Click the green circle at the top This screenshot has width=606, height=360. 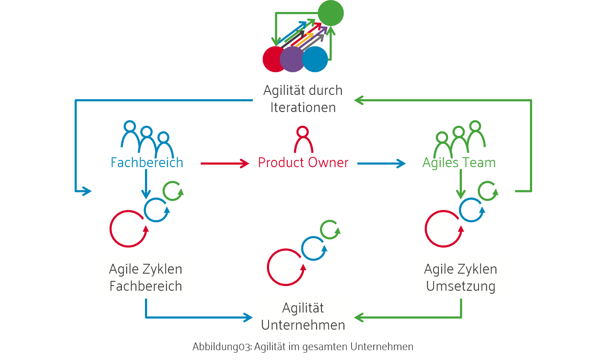[x=331, y=13]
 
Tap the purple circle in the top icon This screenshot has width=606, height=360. [x=293, y=59]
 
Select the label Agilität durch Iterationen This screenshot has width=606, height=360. [x=303, y=99]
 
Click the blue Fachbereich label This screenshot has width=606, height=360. [x=147, y=162]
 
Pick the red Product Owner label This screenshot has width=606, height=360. [x=303, y=162]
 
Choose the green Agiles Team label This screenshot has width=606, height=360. [x=459, y=162]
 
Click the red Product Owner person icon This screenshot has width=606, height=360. [x=303, y=139]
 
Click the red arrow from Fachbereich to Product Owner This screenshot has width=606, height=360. [x=225, y=163]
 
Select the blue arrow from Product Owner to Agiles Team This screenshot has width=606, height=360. [x=381, y=163]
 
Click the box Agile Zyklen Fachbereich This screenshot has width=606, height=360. [x=146, y=278]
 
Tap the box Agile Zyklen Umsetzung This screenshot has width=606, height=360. [x=461, y=278]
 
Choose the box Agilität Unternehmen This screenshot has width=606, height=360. [x=303, y=317]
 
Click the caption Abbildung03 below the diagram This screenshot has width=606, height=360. [x=303, y=346]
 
